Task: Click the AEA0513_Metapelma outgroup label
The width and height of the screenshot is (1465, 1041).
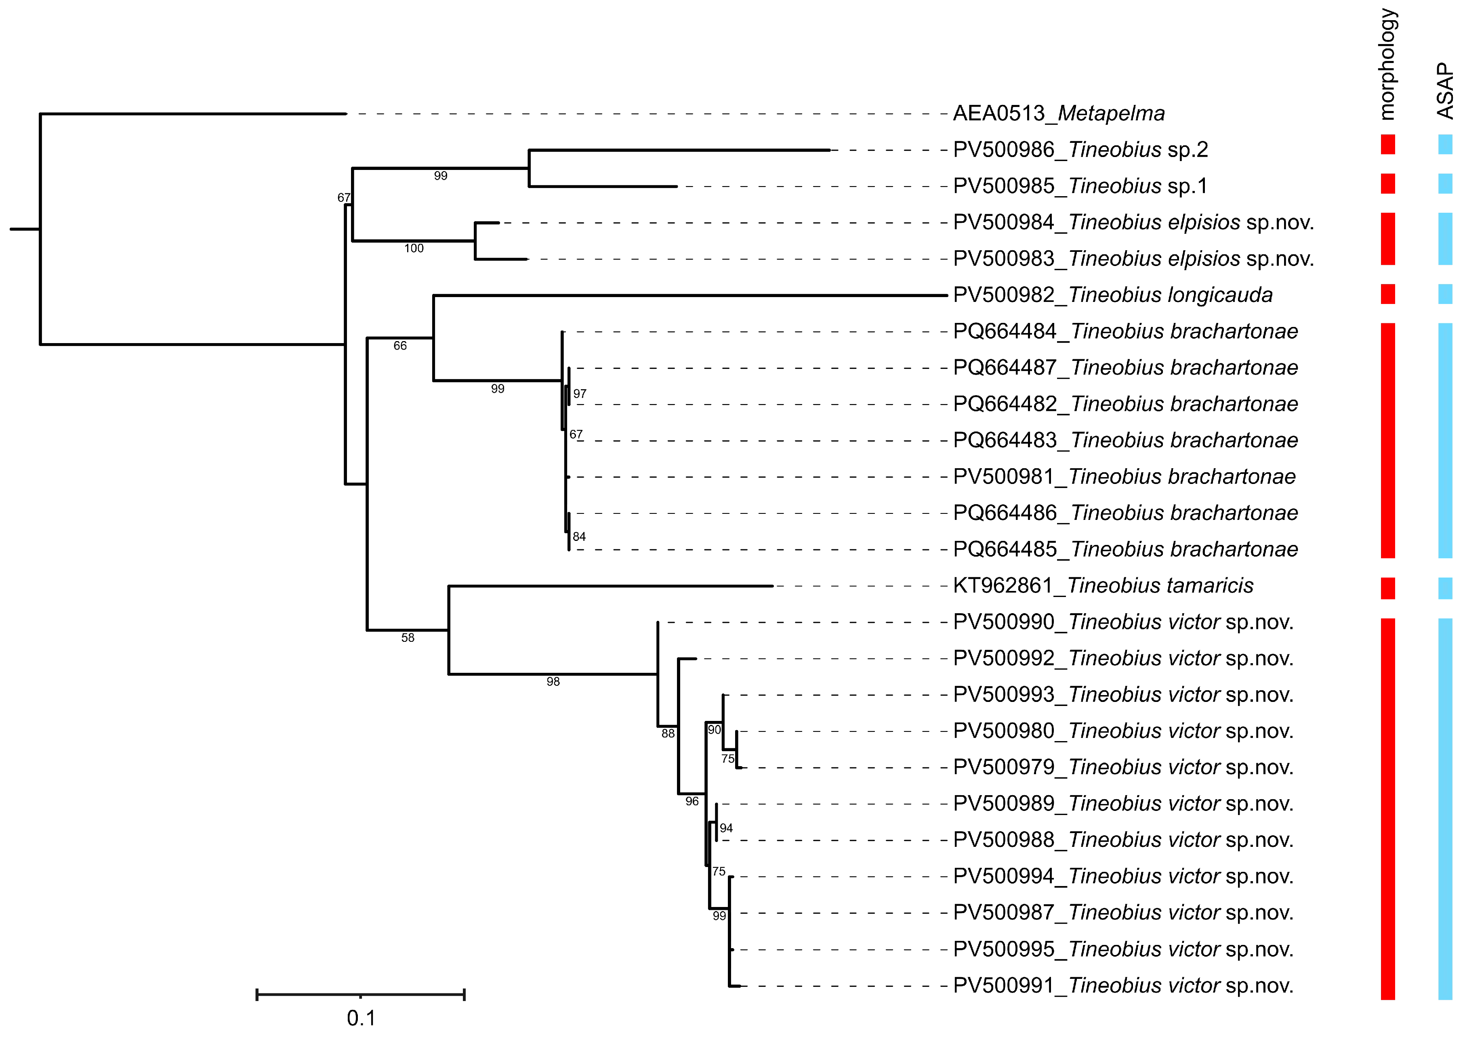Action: (x=1058, y=113)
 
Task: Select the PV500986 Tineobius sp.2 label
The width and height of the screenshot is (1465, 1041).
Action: (x=1080, y=150)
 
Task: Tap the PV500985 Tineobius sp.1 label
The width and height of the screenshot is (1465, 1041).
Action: (x=1080, y=186)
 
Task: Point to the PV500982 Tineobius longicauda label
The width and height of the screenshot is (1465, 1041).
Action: (x=1112, y=295)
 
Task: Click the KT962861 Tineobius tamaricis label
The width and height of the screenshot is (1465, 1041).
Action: (x=1103, y=586)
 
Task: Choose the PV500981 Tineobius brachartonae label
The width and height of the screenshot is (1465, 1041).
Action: (x=1124, y=477)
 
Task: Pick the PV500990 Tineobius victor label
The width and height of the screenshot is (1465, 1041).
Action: (x=1122, y=622)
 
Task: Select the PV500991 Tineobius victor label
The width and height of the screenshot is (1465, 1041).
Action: (x=1122, y=986)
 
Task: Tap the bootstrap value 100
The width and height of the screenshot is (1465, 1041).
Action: (x=414, y=249)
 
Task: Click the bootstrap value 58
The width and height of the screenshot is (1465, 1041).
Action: (x=408, y=638)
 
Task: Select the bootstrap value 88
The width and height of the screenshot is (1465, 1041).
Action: (x=668, y=733)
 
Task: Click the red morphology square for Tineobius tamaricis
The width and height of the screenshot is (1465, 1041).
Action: (x=1387, y=589)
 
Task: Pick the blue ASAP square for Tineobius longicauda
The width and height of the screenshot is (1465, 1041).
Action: (x=1445, y=294)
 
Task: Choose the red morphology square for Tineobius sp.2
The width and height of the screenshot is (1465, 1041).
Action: (x=1387, y=144)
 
